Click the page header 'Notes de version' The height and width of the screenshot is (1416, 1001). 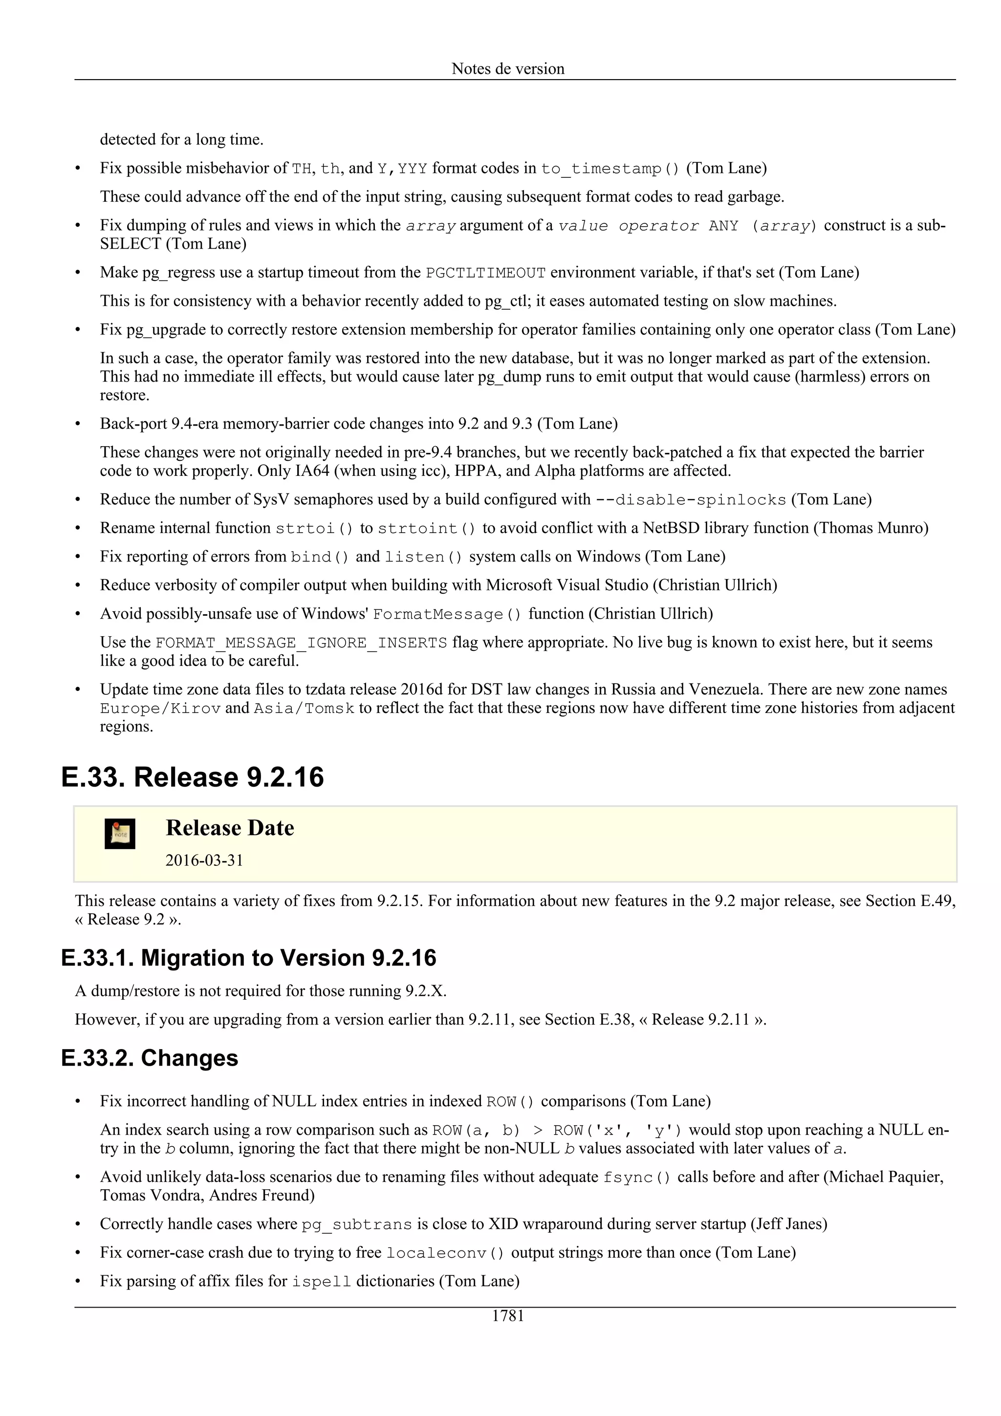508,68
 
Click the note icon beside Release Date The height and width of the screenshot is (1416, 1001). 120,834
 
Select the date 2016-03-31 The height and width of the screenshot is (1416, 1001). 204,860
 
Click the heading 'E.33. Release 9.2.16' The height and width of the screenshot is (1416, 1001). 193,777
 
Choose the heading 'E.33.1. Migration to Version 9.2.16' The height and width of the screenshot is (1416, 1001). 249,958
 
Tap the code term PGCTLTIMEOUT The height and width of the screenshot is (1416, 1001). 486,273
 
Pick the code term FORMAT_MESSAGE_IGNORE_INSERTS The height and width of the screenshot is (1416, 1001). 301,643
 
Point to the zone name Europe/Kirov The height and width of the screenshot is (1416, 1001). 160,708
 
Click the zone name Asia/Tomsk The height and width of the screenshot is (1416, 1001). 304,708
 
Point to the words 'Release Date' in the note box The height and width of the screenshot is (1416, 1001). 230,828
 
